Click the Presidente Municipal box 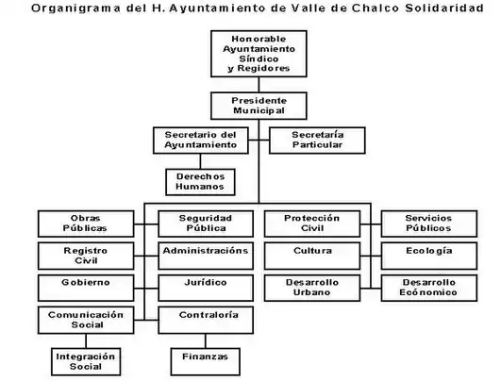coord(259,106)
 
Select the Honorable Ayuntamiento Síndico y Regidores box coord(259,54)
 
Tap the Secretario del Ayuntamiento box coord(201,141)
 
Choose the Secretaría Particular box coord(317,141)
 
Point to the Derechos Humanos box coord(200,182)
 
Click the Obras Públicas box coord(86,224)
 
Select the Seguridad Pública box coord(206,224)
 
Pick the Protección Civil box coord(312,224)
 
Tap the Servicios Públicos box coord(429,224)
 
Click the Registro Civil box coord(86,256)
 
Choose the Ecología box coord(429,256)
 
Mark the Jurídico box coord(206,288)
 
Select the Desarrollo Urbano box coord(312,288)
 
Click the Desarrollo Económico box coord(429,288)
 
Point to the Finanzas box coord(206,361)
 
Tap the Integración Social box coord(86,361)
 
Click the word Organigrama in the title coord(75,8)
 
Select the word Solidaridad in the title coord(444,8)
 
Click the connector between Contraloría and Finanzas coord(206,341)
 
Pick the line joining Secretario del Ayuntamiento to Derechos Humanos coord(200,161)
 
